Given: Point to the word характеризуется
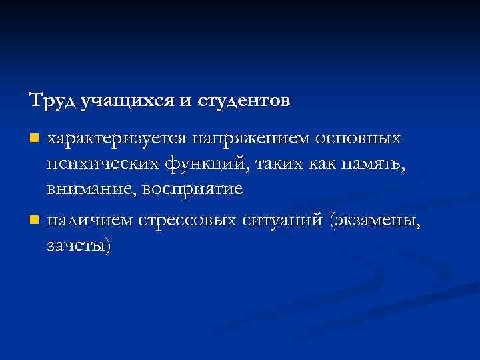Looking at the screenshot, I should pyautogui.click(x=115, y=139).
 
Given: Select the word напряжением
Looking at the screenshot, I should pyautogui.click(x=249, y=139).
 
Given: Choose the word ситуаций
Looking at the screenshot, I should pyautogui.click(x=282, y=219).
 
